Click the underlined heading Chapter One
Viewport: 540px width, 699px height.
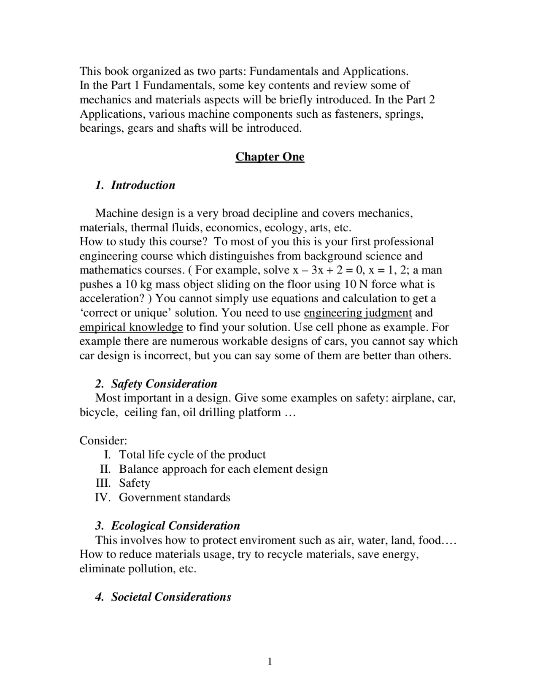click(x=270, y=157)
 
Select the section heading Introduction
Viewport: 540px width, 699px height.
click(x=143, y=185)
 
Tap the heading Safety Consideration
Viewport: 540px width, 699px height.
click(x=164, y=384)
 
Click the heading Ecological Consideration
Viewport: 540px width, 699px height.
click(x=175, y=526)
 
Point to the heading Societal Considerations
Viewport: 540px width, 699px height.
click(x=171, y=597)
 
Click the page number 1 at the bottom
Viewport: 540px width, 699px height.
click(x=270, y=661)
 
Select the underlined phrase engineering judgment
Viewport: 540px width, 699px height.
click(x=357, y=313)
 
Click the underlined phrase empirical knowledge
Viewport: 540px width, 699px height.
click(x=131, y=327)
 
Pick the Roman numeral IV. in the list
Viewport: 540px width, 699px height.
click(x=103, y=497)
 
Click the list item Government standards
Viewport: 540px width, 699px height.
click(x=174, y=497)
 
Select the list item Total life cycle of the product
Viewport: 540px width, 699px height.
click(x=192, y=455)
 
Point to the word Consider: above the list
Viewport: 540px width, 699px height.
click(x=103, y=441)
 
